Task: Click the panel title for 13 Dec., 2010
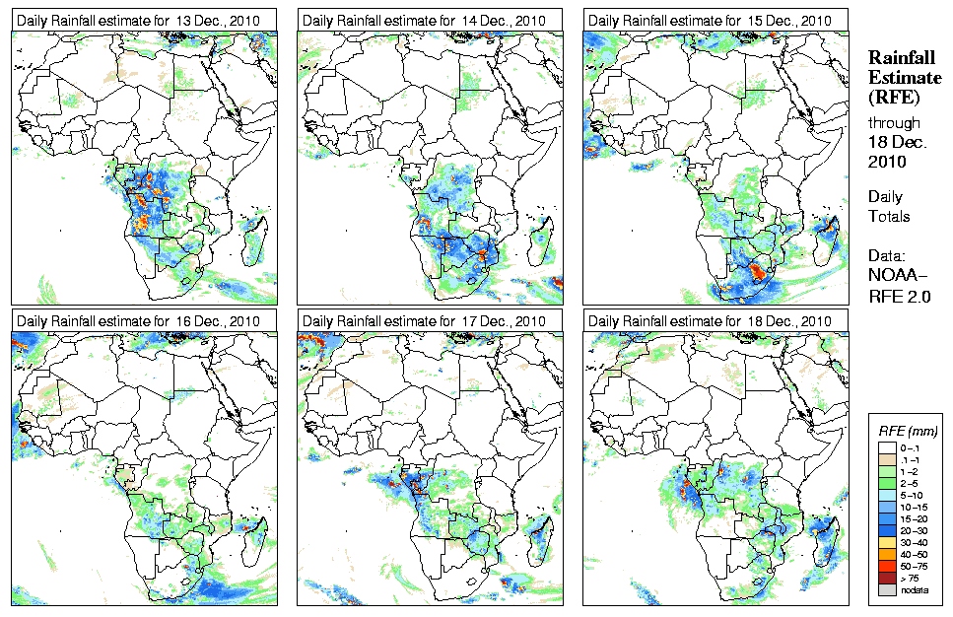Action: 141,21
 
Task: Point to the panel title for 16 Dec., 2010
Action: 141,321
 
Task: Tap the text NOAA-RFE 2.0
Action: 898,281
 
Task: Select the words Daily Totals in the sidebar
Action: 889,206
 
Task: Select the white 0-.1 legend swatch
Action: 885,448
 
